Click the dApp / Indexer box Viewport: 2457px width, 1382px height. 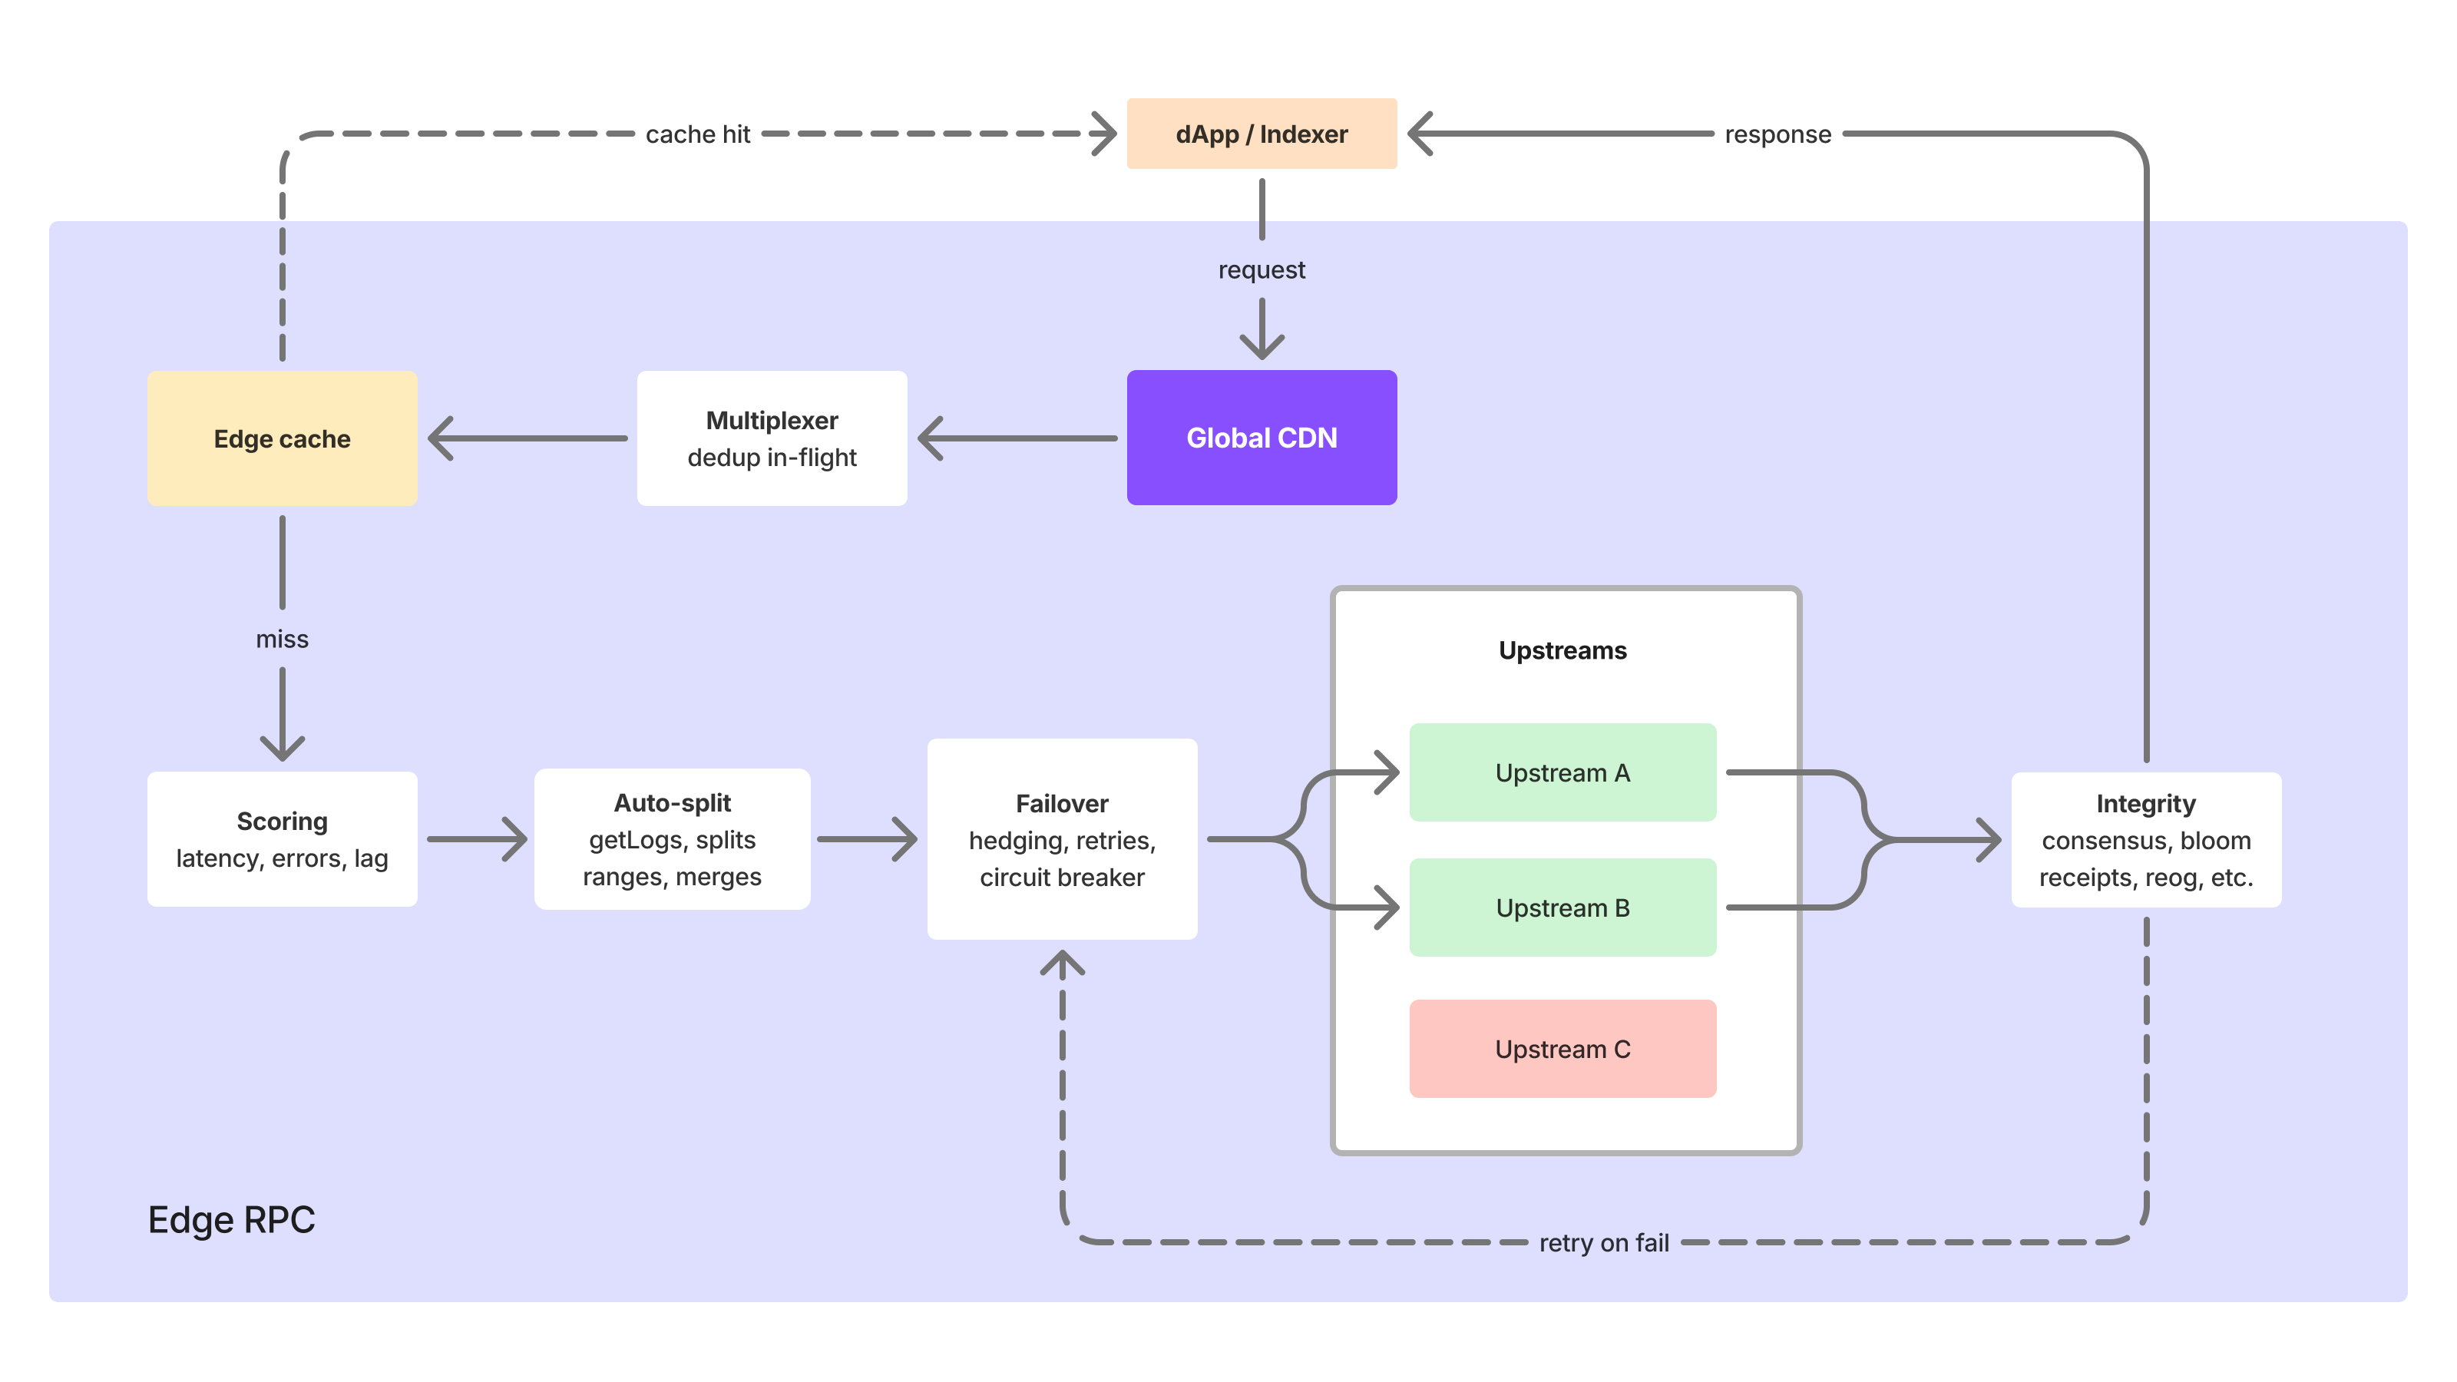pyautogui.click(x=1261, y=134)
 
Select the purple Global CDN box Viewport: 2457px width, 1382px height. pyautogui.click(x=1261, y=438)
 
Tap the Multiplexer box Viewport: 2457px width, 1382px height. pyautogui.click(x=772, y=438)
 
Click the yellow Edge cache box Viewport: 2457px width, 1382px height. pyautogui.click(x=283, y=438)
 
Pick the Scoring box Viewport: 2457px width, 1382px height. pyautogui.click(x=283, y=839)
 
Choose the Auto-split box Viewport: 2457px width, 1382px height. pyautogui.click(x=673, y=839)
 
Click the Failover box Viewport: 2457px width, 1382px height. pyautogui.click(x=1062, y=839)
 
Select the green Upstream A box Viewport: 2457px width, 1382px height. pyautogui.click(x=1562, y=772)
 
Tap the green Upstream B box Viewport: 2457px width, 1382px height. pyautogui.click(x=1562, y=908)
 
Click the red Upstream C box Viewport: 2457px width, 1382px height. pyautogui.click(x=1562, y=1049)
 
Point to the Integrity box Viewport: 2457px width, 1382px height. pyautogui.click(x=2146, y=839)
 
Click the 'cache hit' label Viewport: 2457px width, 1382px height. pyautogui.click(x=698, y=134)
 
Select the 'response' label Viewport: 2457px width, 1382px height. pyautogui.click(x=1778, y=134)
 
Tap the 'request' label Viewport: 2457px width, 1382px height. pyautogui.click(x=1261, y=270)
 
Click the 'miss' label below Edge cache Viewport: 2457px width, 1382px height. pyautogui.click(x=283, y=639)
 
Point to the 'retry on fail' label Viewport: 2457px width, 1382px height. pyautogui.click(x=1604, y=1243)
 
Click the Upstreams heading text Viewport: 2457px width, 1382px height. pyautogui.click(x=1562, y=650)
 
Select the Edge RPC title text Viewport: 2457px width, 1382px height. pyautogui.click(x=232, y=1220)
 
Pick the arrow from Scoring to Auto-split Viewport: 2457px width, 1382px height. pyautogui.click(x=477, y=839)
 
